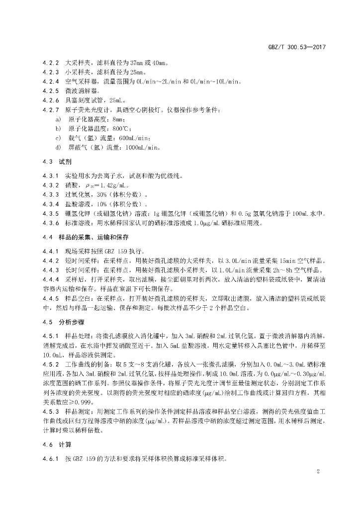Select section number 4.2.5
tap(50, 91)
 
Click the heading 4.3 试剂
tap(58, 162)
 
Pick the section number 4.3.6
tap(50, 223)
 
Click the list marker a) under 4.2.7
tap(58, 119)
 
